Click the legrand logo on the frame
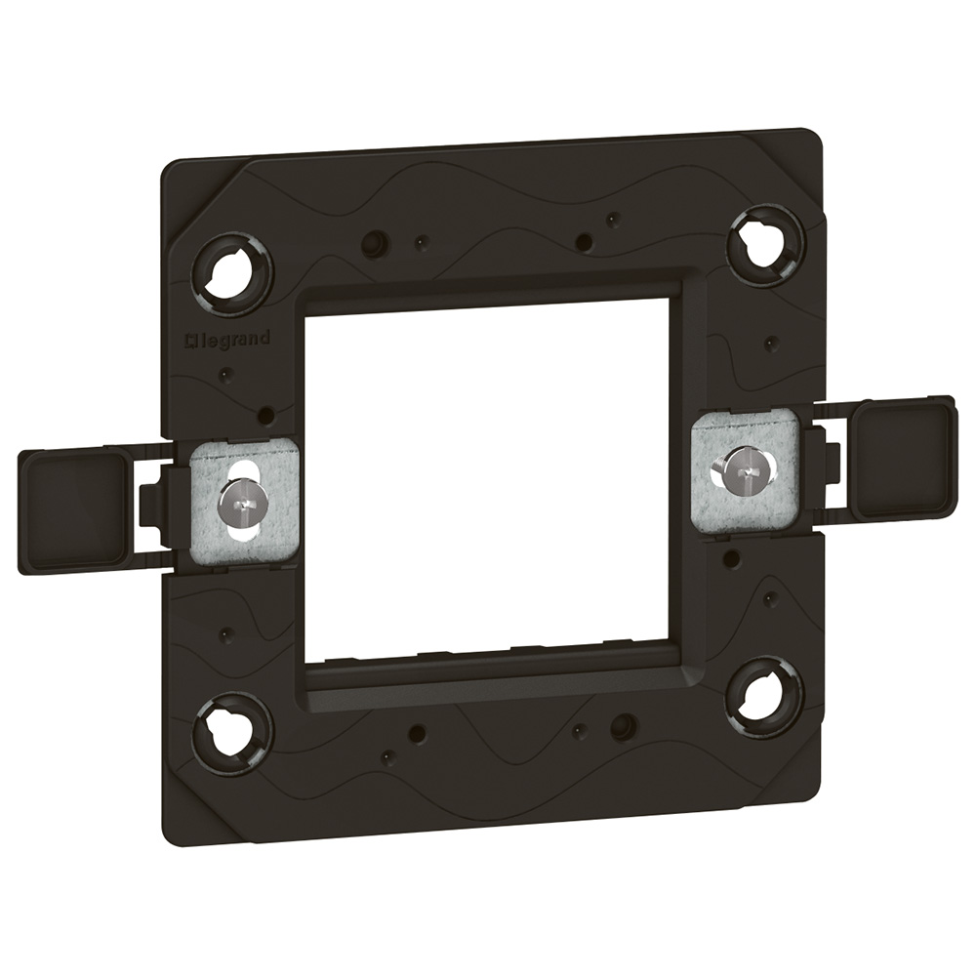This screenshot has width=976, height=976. tap(228, 340)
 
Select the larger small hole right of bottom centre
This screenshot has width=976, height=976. tap(622, 726)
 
